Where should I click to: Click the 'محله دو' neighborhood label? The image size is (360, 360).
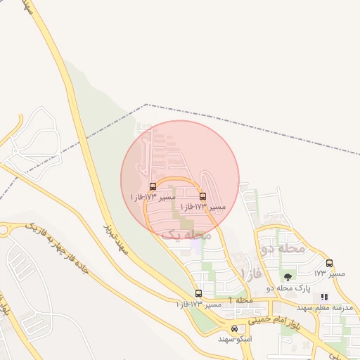click(x=283, y=248)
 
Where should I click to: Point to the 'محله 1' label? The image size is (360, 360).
click(x=240, y=301)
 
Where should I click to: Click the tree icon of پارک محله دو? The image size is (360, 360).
click(x=288, y=277)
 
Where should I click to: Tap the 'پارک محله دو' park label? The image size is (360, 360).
click(x=288, y=288)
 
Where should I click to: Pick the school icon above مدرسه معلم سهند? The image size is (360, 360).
click(x=324, y=297)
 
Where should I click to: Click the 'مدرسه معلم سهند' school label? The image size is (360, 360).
click(x=324, y=308)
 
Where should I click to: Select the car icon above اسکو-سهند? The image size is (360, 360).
click(x=234, y=328)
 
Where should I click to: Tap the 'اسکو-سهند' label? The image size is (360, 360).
click(x=234, y=339)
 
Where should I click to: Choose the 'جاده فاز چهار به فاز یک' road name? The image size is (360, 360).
click(x=56, y=247)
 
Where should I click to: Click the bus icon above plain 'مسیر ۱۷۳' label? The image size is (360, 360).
click(x=329, y=263)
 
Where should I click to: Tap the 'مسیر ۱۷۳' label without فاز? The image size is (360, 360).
click(x=329, y=273)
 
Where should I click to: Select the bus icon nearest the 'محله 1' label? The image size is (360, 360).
click(x=198, y=293)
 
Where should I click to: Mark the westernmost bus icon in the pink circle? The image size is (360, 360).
click(x=153, y=186)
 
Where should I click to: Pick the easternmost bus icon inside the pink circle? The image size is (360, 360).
click(x=203, y=196)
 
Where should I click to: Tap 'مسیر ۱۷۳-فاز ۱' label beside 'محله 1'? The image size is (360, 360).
click(x=198, y=304)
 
